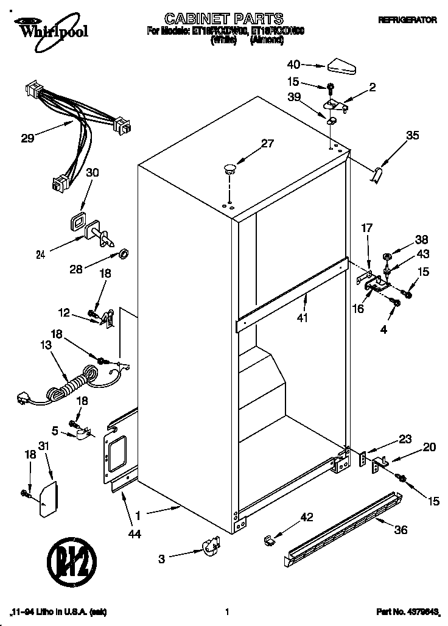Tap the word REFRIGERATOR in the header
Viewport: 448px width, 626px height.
coord(407,20)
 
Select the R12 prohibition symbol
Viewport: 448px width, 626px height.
coord(69,561)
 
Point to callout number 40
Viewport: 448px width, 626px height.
coord(293,64)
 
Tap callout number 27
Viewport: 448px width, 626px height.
coord(267,144)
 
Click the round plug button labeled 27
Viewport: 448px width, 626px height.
coord(229,169)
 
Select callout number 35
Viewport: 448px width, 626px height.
coord(412,136)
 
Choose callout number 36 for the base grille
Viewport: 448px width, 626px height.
coord(400,530)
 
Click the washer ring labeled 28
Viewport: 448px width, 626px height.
coord(122,252)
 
